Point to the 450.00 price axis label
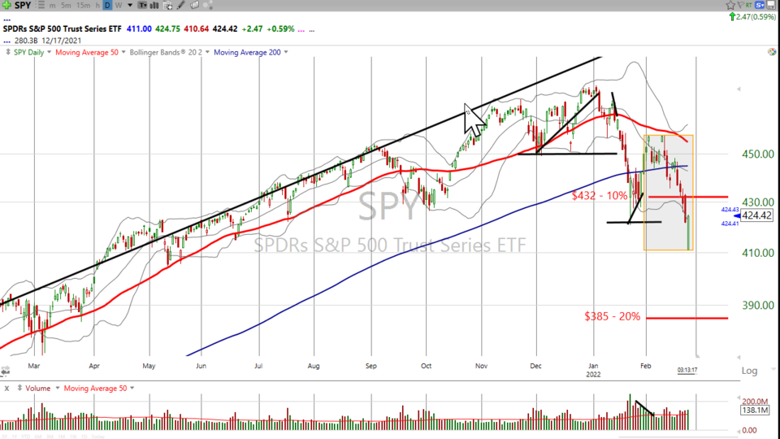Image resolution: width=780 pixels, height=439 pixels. (x=756, y=154)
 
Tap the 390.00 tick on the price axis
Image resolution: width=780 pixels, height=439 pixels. (x=756, y=305)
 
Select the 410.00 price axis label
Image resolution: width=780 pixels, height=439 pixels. (x=756, y=253)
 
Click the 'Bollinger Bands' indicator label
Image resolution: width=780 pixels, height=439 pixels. (x=167, y=52)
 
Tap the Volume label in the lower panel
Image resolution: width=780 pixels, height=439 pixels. (x=37, y=388)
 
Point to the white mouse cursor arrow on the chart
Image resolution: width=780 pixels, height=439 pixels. (x=472, y=119)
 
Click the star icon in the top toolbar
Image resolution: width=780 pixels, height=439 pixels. (x=730, y=6)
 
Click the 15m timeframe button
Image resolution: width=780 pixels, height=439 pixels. (x=84, y=6)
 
